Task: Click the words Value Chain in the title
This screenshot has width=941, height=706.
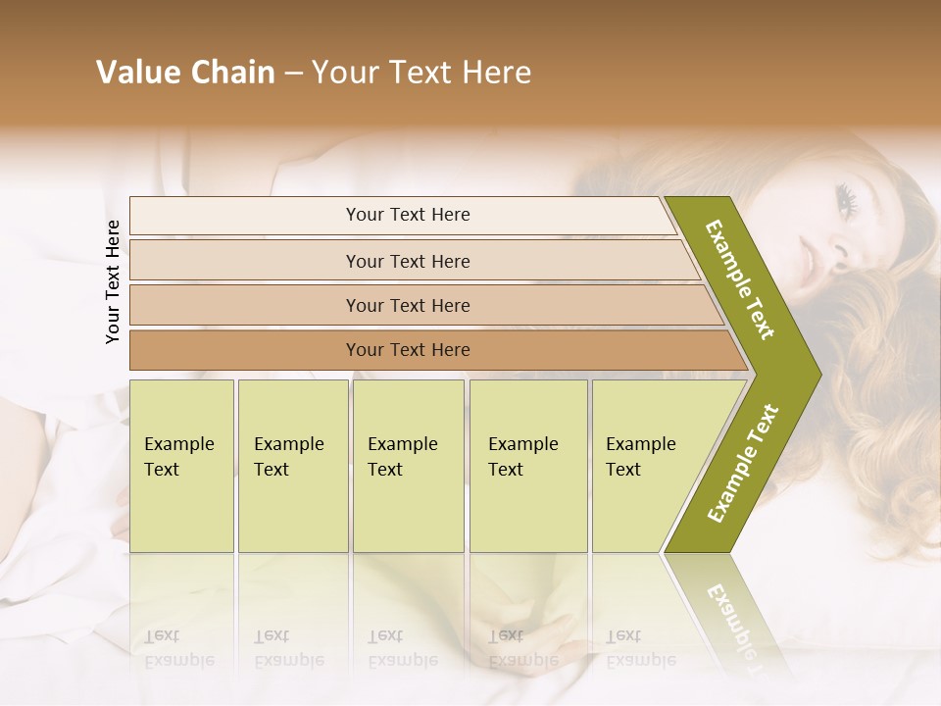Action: [x=185, y=72]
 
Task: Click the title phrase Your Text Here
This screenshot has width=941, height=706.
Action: [x=421, y=72]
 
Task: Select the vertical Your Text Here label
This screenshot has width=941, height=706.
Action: [x=113, y=281]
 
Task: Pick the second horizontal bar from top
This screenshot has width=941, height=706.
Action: [x=407, y=261]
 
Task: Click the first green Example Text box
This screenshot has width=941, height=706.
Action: [x=181, y=466]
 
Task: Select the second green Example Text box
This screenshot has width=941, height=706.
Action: [x=292, y=466]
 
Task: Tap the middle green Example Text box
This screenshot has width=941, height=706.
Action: [x=408, y=466]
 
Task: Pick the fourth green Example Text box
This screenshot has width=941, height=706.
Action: [x=528, y=466]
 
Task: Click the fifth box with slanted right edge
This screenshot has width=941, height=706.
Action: [x=647, y=466]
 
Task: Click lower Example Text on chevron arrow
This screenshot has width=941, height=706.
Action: [x=742, y=463]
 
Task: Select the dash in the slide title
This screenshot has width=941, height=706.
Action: [x=293, y=73]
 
